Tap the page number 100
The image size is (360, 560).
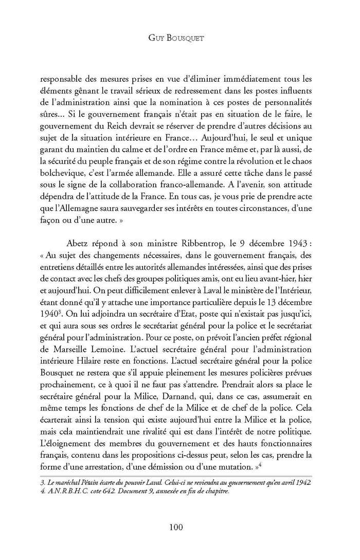[180, 527]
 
